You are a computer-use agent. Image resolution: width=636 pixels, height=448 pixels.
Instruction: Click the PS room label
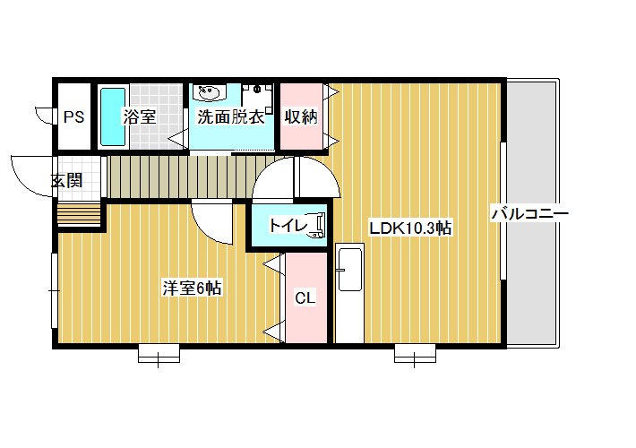(73, 117)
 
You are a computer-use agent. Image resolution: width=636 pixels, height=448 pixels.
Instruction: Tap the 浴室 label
(140, 117)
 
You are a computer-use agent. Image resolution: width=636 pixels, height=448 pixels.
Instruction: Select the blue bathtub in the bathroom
(113, 116)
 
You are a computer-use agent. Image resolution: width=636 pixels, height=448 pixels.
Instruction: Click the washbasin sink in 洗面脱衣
(210, 92)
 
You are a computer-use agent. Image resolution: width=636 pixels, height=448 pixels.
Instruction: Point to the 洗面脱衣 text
(231, 117)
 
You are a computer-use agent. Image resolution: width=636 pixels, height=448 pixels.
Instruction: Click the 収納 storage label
(301, 116)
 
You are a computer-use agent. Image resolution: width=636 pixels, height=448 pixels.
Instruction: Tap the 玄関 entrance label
(67, 181)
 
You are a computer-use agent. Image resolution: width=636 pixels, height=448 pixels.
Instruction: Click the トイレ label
(288, 226)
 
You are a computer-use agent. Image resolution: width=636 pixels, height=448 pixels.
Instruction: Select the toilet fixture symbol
(317, 226)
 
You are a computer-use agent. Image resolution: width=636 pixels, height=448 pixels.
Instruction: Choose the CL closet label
(305, 298)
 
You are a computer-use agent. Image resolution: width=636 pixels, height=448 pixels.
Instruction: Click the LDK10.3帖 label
(410, 228)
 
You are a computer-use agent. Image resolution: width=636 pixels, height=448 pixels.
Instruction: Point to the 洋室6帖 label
(192, 289)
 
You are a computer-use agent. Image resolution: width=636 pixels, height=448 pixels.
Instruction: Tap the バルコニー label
(530, 213)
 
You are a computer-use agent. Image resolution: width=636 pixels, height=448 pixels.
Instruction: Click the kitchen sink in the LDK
(350, 270)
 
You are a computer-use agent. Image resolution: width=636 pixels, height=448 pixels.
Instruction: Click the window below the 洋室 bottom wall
(159, 353)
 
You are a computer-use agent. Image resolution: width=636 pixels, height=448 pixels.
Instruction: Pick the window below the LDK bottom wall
(415, 353)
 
